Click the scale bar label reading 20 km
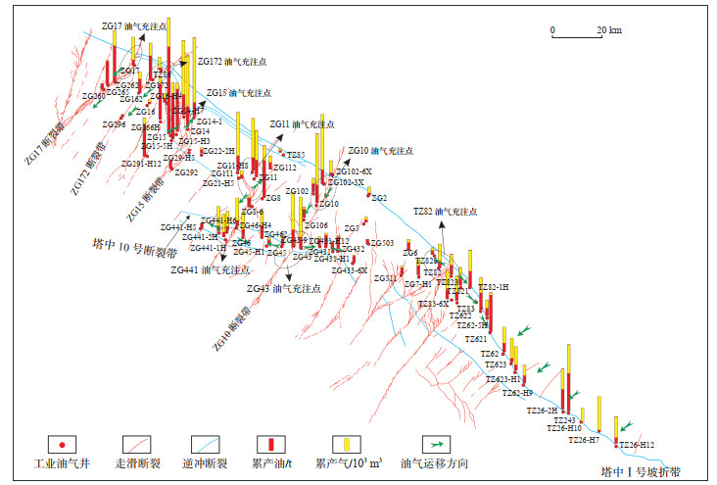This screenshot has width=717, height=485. click(608, 30)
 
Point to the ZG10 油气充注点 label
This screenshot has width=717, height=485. click(381, 151)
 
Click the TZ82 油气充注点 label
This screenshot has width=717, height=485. click(445, 211)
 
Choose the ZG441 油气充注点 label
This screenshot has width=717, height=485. click(209, 268)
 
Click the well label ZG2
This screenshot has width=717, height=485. click(379, 198)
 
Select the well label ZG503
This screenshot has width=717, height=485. click(381, 243)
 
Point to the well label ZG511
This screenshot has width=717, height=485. click(385, 278)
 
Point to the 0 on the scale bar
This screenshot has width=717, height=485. click(552, 30)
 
